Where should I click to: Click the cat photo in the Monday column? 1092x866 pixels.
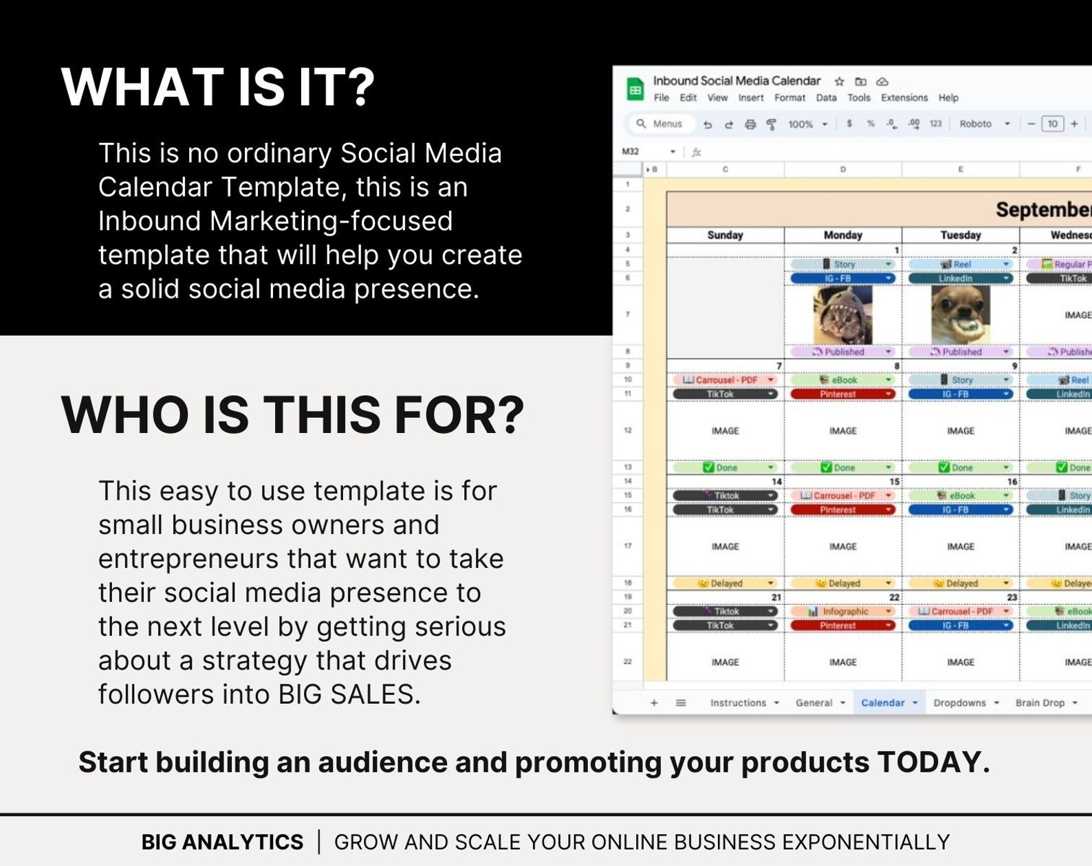(842, 315)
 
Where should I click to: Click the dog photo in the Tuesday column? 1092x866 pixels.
(960, 315)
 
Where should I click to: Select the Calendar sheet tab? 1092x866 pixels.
(882, 702)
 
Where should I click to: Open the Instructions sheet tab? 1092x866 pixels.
(738, 702)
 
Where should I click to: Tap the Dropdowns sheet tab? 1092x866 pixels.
(959, 702)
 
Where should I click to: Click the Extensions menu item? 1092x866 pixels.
(904, 98)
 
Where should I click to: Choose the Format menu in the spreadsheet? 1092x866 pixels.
(789, 98)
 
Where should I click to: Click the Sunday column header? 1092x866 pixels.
(725, 235)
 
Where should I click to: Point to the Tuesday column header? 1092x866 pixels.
(960, 235)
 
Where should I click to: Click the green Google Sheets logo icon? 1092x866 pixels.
(635, 89)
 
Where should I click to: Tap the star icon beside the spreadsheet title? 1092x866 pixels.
(839, 81)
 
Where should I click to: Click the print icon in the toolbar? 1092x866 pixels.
(750, 124)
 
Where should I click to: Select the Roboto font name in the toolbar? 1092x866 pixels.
(975, 124)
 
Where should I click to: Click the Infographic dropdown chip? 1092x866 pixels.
(842, 611)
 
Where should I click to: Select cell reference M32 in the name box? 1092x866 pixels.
(631, 151)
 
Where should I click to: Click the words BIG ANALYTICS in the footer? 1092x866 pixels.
(222, 842)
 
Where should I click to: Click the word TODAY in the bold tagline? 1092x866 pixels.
(933, 762)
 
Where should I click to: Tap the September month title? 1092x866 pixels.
(1042, 210)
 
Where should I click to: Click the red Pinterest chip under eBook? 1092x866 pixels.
(839, 395)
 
